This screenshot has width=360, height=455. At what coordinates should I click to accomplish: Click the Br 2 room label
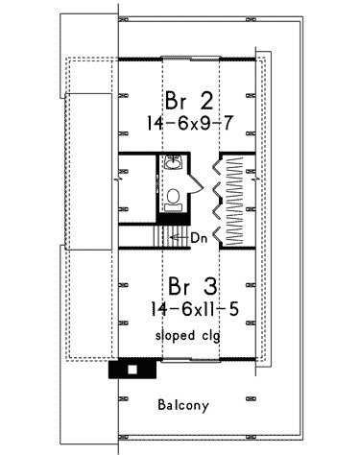[189, 101]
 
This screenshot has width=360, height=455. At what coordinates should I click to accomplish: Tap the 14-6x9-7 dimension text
[189, 123]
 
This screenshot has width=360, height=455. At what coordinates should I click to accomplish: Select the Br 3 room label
[193, 286]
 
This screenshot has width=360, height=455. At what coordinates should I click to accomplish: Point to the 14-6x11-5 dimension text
[195, 309]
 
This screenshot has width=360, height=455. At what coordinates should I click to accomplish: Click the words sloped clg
[188, 336]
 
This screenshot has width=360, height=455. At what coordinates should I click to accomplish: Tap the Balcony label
[183, 405]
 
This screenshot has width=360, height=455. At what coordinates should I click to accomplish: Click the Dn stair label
[199, 238]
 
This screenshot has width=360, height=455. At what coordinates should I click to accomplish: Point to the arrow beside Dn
[180, 237]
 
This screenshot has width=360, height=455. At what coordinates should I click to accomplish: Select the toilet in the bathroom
[174, 200]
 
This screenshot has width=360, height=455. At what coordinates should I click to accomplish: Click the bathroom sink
[173, 162]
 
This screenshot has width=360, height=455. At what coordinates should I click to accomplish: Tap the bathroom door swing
[196, 183]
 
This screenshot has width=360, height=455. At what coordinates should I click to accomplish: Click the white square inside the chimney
[132, 370]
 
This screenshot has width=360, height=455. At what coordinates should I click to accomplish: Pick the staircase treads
[172, 237]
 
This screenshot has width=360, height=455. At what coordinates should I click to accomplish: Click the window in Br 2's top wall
[191, 59]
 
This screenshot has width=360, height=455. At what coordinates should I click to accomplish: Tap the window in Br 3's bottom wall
[191, 360]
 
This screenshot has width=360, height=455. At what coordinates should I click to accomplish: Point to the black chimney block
[132, 369]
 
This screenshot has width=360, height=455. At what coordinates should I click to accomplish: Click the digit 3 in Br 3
[210, 286]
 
